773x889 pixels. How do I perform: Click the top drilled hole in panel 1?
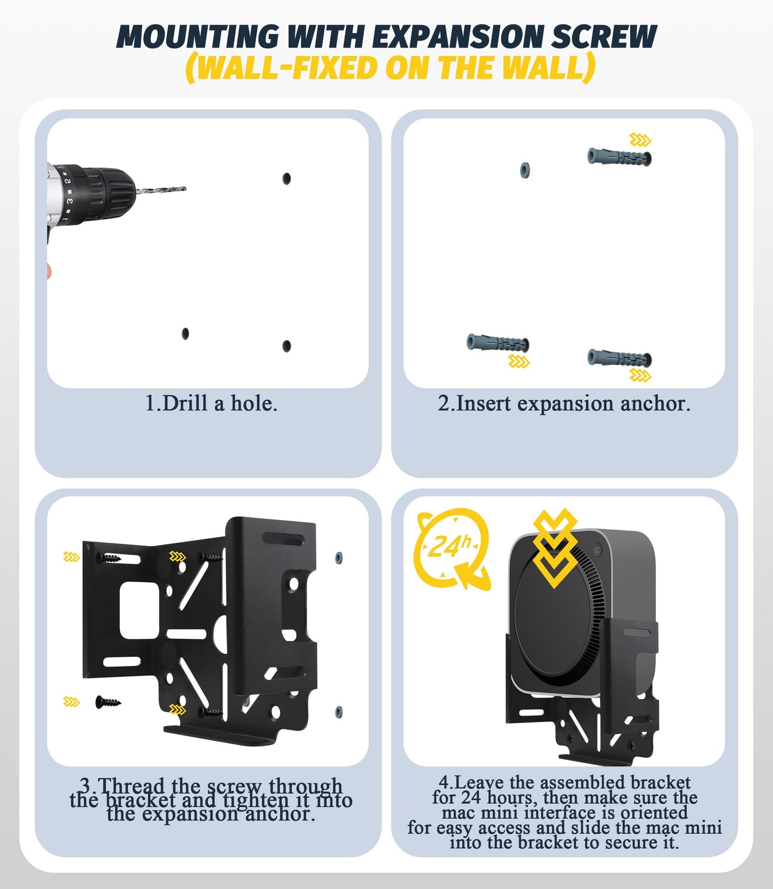[x=287, y=178]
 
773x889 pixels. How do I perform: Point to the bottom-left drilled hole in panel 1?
[x=186, y=334]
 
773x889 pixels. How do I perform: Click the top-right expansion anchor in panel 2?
[x=620, y=157]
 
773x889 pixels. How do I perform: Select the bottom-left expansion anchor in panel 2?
[x=498, y=343]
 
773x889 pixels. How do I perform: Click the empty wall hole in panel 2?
[x=525, y=170]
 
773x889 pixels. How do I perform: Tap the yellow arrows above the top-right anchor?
[x=640, y=140]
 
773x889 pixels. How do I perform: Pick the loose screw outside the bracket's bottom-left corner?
[x=108, y=702]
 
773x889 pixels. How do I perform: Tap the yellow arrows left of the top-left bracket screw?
[x=72, y=557]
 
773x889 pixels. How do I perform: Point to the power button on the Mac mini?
[x=597, y=549]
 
